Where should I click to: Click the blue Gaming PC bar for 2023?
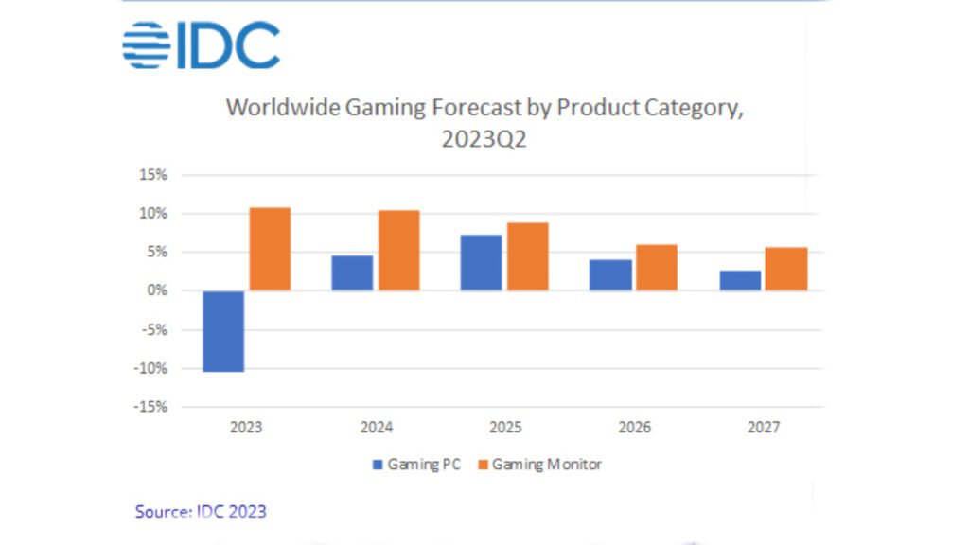pyautogui.click(x=223, y=331)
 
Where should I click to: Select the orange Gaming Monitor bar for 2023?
pyautogui.click(x=270, y=249)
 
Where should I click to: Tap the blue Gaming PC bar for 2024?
pyautogui.click(x=352, y=272)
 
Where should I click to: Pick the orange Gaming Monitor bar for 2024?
pyautogui.click(x=398, y=250)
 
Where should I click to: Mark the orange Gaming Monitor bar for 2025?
pyautogui.click(x=527, y=256)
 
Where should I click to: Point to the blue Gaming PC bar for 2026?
pyautogui.click(x=610, y=274)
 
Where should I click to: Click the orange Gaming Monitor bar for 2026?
pyautogui.click(x=656, y=267)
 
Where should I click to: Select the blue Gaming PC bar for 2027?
pyautogui.click(x=739, y=280)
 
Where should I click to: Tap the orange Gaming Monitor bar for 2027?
pyautogui.click(x=785, y=269)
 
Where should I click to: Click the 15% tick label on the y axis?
pyautogui.click(x=154, y=175)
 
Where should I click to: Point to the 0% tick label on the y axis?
pyautogui.click(x=157, y=290)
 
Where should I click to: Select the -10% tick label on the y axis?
pyautogui.click(x=151, y=368)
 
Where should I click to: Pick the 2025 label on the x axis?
pyautogui.click(x=505, y=428)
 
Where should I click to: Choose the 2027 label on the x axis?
pyautogui.click(x=764, y=428)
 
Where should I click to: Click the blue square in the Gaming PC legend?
pyautogui.click(x=378, y=465)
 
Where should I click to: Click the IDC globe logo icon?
pyautogui.click(x=146, y=45)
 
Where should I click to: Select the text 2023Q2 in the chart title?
pyautogui.click(x=484, y=138)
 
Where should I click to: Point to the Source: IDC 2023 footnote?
pyautogui.click(x=201, y=512)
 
